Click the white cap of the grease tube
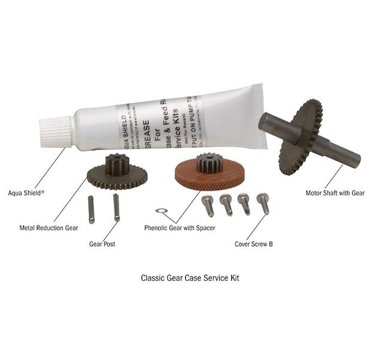[x=56, y=132]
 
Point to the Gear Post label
[x=102, y=245]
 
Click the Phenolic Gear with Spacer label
[x=180, y=228]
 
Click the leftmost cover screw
[x=208, y=206]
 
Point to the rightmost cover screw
[x=263, y=203]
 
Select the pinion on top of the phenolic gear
[x=207, y=162]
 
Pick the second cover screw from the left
[x=226, y=205]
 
